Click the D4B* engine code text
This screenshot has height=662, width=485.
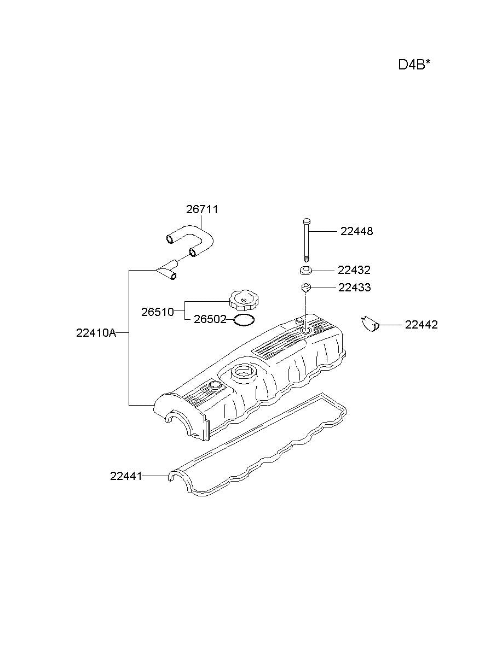click(x=414, y=65)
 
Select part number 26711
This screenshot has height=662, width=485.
click(x=202, y=209)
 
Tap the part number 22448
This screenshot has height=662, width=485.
click(x=356, y=231)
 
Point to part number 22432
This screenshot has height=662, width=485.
click(x=354, y=270)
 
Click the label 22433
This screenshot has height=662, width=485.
click(x=355, y=288)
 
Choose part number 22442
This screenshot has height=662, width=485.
click(x=421, y=325)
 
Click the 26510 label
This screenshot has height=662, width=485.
click(x=158, y=312)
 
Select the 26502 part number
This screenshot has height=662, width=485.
click(x=210, y=319)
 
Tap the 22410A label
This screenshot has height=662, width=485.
click(x=96, y=333)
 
